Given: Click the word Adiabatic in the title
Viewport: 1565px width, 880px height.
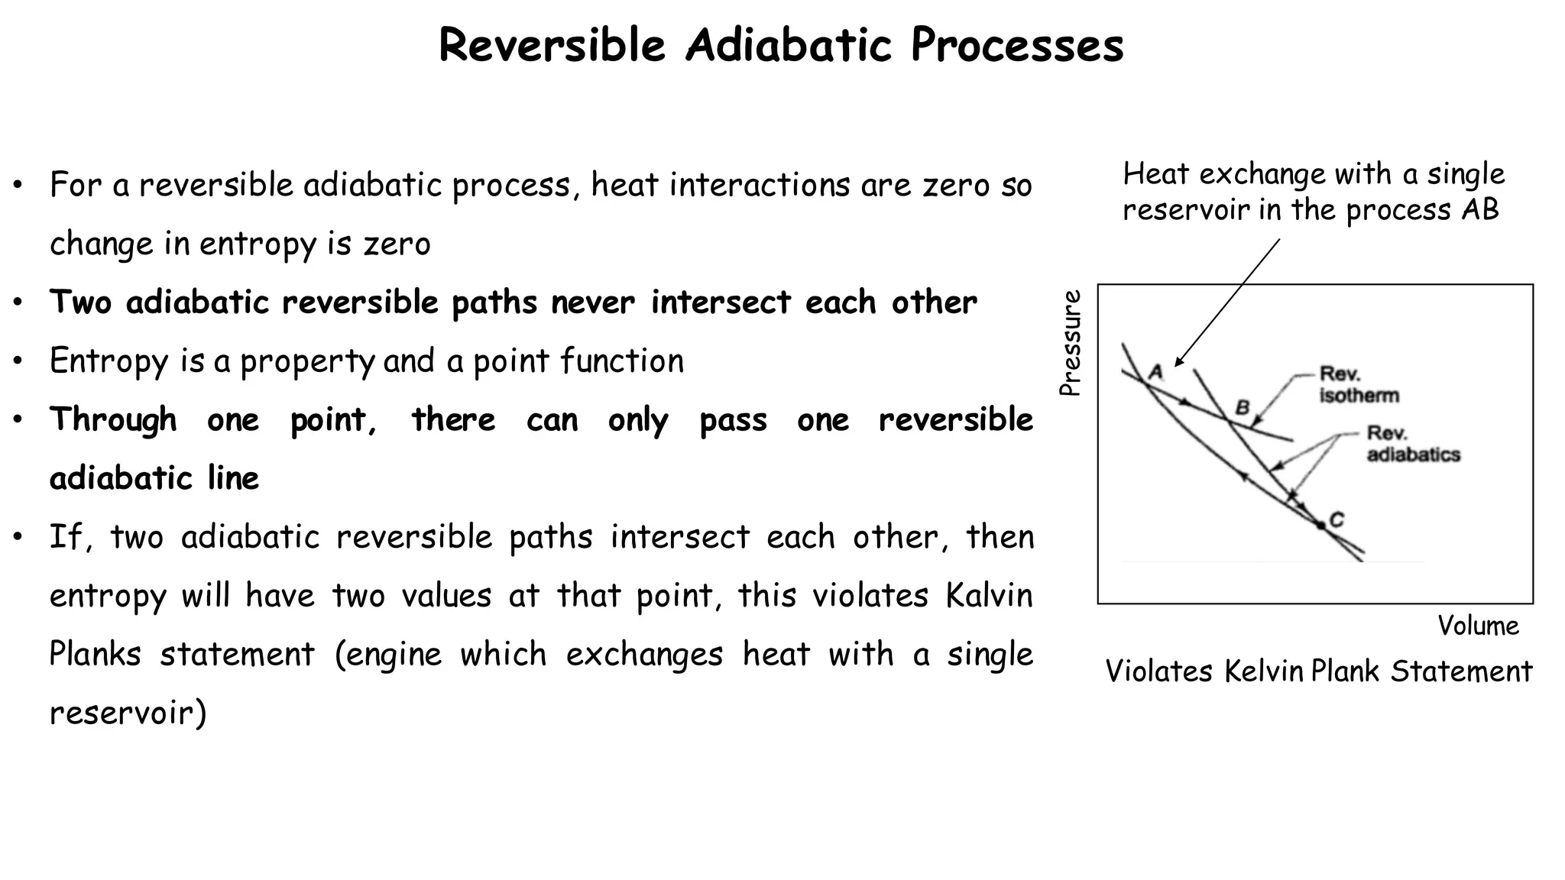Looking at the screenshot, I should [788, 45].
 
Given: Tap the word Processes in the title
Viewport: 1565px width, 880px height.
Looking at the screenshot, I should [1017, 45].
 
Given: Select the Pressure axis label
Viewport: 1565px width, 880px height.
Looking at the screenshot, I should [1071, 343].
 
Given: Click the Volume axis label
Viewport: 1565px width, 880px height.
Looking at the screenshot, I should [1478, 626].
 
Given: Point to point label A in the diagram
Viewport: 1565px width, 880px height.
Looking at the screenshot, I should [1156, 373].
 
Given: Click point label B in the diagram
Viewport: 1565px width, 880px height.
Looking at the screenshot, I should [1243, 407].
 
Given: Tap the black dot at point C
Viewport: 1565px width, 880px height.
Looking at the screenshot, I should [1320, 525].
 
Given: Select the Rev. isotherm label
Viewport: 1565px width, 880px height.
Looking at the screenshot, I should [1359, 385].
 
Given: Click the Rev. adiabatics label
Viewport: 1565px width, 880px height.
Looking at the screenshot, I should [1413, 444].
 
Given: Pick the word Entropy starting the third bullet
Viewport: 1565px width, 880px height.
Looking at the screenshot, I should [109, 361].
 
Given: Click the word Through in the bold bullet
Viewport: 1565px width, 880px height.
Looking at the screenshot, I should [113, 419].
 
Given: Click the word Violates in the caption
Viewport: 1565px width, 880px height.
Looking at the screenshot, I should [1158, 671].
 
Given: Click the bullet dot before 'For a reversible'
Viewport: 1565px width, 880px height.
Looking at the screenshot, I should [18, 186].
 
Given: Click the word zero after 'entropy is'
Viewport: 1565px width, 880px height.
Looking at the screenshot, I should [397, 244].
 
